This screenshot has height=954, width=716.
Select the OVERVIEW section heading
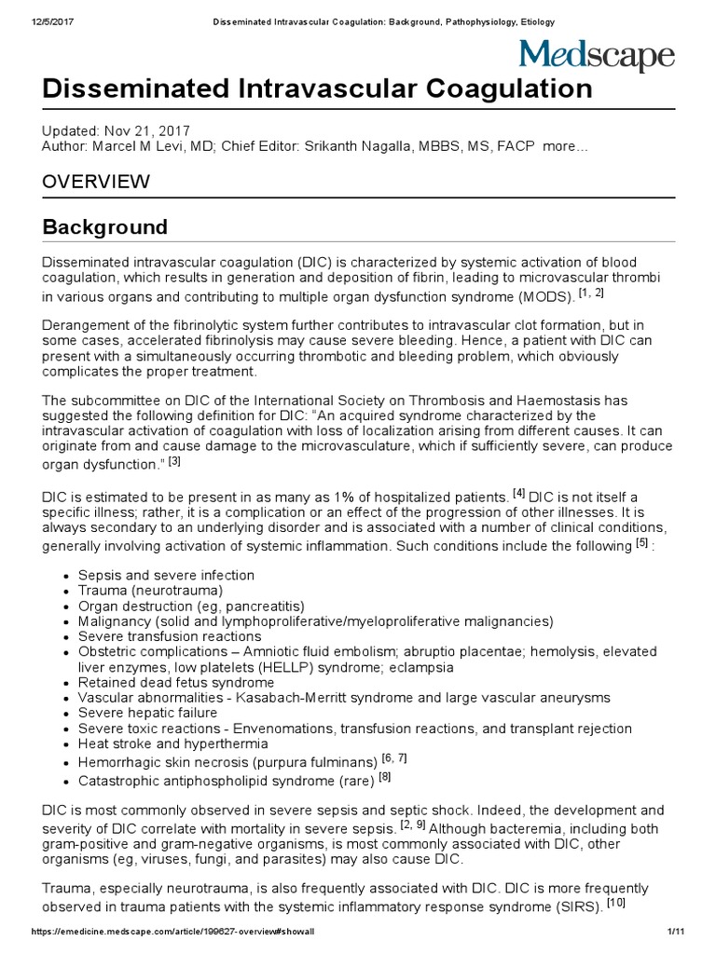[x=96, y=182]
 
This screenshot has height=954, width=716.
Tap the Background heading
[x=105, y=226]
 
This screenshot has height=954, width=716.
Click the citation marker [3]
[x=174, y=460]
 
